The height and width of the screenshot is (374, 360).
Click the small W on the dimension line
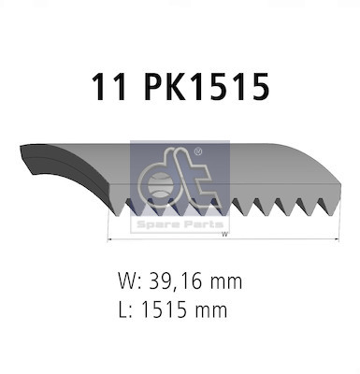point(223,235)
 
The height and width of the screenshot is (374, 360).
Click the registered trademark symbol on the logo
point(198,150)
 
